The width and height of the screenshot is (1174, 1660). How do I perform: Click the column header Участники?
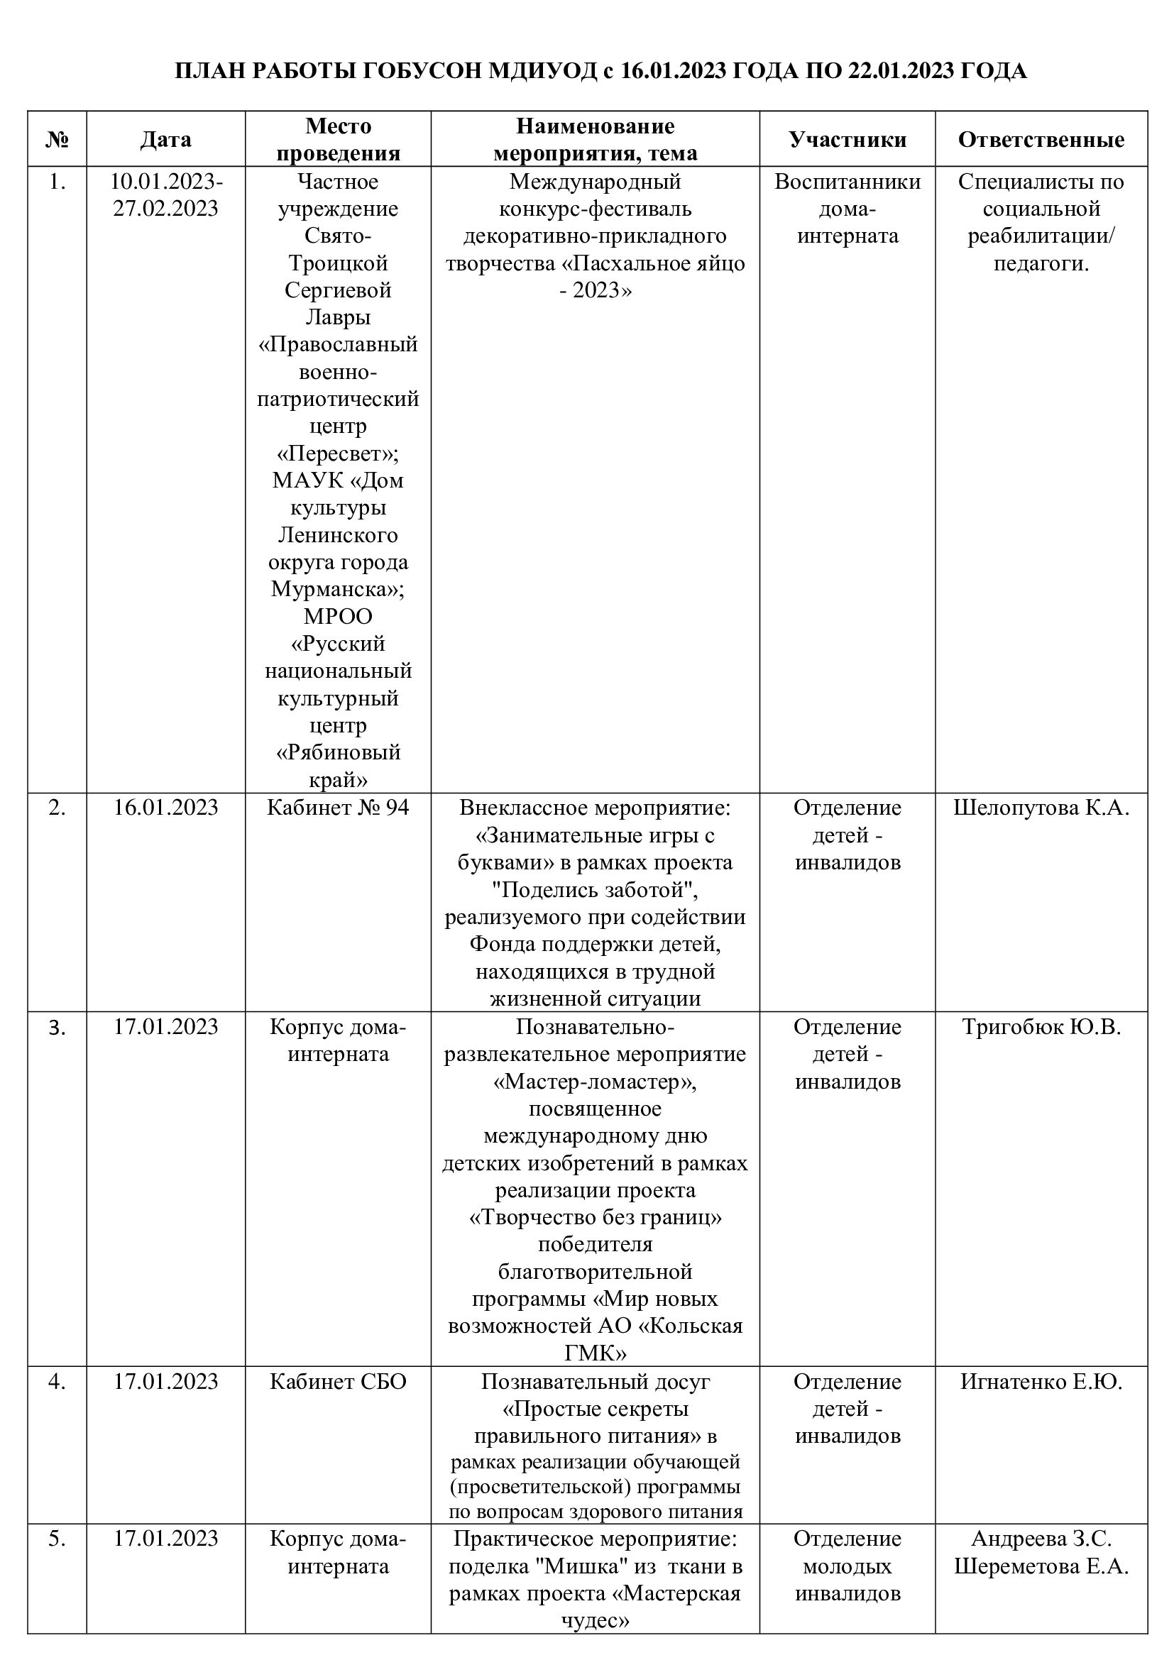(847, 139)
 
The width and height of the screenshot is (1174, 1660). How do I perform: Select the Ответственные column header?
(1041, 139)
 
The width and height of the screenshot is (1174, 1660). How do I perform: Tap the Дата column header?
(165, 139)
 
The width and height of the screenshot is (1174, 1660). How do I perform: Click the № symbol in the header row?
(57, 139)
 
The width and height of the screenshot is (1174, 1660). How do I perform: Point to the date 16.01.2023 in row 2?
(165, 808)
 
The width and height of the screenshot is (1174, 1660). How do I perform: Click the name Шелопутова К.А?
(1041, 808)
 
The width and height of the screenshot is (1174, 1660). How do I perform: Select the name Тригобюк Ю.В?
(1041, 1027)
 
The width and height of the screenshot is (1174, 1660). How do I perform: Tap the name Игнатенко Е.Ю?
(1041, 1382)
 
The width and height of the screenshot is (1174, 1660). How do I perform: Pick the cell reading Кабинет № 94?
(338, 808)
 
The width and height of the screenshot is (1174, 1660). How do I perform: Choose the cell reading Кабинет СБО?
(338, 1382)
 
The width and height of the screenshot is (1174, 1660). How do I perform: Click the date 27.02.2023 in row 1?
(165, 208)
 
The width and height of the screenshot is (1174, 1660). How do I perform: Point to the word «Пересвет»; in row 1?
(338, 454)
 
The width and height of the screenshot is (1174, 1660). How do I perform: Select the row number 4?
(57, 1382)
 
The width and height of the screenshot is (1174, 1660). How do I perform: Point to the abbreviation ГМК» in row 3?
(594, 1352)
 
